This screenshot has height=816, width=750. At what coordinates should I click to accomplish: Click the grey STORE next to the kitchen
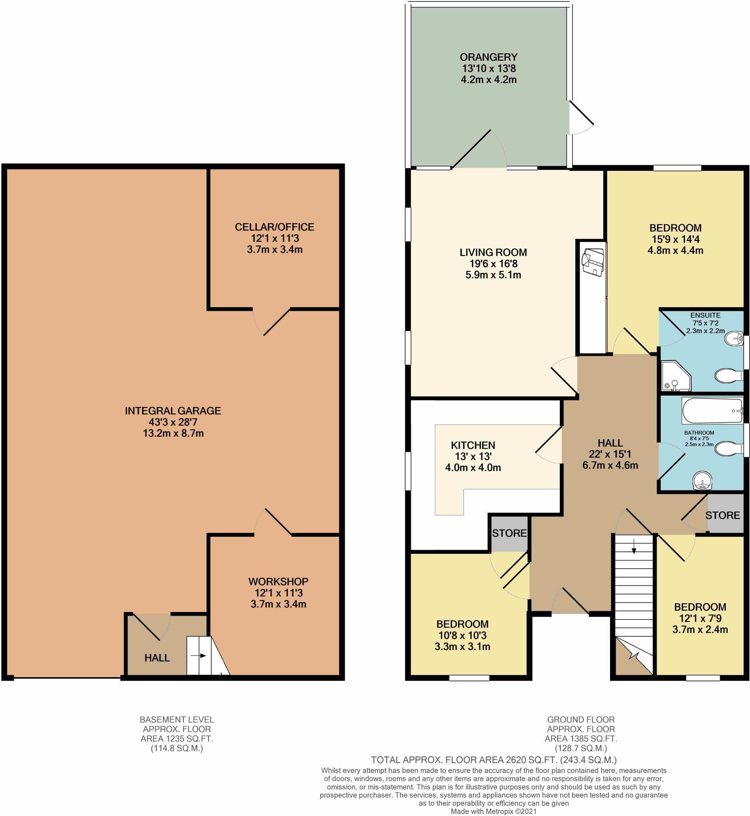[x=509, y=534]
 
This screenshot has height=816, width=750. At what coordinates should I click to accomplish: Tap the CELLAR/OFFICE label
[x=274, y=227]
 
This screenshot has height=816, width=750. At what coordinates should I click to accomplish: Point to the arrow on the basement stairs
[x=199, y=656]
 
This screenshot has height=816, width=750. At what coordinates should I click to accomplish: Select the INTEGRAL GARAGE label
[x=173, y=411]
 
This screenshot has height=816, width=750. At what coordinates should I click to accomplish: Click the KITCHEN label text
[x=473, y=445]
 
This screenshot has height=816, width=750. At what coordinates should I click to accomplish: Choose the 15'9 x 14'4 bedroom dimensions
[x=675, y=239]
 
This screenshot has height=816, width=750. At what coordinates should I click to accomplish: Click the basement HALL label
[x=157, y=658]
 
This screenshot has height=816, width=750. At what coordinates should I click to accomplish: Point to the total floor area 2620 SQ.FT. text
[x=494, y=760]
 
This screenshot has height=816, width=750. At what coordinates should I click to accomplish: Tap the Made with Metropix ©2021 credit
[x=494, y=811]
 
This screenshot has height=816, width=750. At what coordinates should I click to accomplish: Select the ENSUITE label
[x=705, y=315]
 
